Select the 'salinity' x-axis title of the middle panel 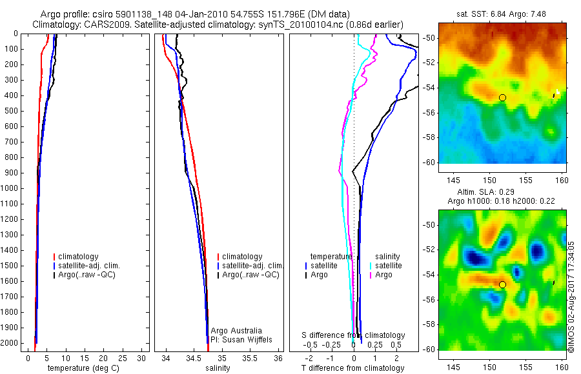[218, 368]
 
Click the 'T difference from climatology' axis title [352, 368]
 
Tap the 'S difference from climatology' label [354, 335]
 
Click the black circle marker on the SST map [502, 97]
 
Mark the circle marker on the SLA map [502, 284]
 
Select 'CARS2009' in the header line [95, 24]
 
